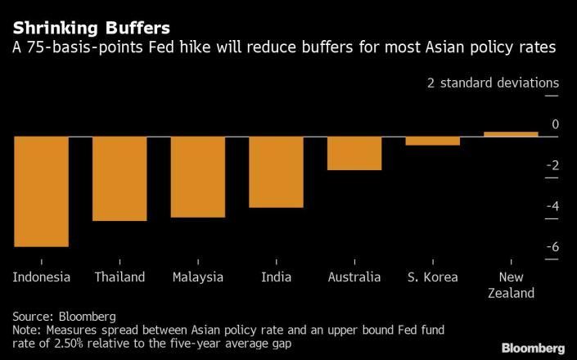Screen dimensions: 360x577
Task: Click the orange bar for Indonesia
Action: coord(41,191)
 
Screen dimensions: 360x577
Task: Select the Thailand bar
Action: coord(119,178)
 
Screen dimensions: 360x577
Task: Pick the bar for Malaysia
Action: coord(197,177)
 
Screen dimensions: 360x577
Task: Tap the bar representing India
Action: coord(276,172)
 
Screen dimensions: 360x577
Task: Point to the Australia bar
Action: coord(354,153)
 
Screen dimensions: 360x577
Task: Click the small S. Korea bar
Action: coord(433,141)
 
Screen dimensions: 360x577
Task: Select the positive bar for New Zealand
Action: coord(512,134)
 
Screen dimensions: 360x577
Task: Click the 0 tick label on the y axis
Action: coord(555,124)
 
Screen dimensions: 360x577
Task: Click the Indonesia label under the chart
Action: coord(41,277)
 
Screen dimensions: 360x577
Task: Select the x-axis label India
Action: coord(276,277)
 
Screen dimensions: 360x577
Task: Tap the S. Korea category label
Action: coord(432,277)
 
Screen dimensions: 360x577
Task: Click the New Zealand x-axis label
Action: coord(511,285)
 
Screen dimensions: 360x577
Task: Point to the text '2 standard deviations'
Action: coord(493,83)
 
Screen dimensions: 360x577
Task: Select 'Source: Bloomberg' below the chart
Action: coord(64,316)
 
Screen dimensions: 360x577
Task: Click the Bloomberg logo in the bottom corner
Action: coord(532,346)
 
